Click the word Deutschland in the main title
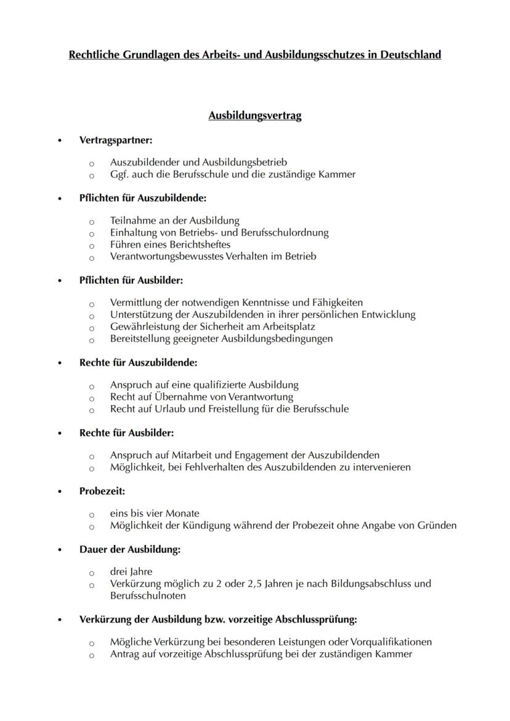(410, 55)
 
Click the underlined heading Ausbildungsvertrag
(255, 116)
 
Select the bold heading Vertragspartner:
(116, 140)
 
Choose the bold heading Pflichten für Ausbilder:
(131, 280)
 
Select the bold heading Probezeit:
(102, 491)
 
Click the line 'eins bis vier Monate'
(155, 514)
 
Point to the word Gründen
(437, 526)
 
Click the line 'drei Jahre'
(131, 571)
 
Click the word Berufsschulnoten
(148, 596)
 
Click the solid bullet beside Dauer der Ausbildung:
(60, 550)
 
